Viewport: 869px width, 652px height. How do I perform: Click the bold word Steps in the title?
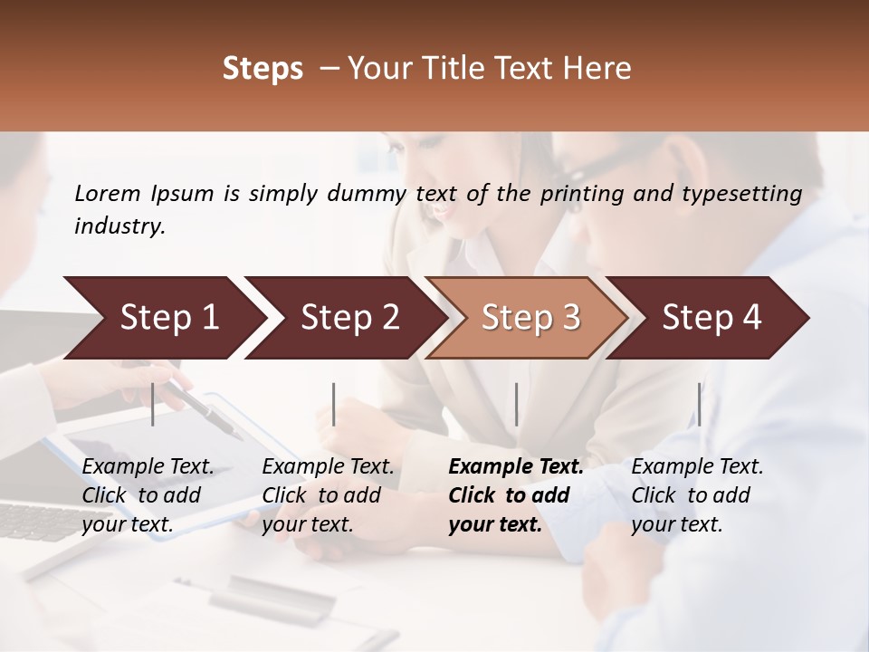click(263, 69)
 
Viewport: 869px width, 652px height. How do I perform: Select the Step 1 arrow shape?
click(168, 318)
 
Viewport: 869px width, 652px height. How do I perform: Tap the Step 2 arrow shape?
click(349, 318)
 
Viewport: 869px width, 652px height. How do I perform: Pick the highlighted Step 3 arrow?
click(530, 318)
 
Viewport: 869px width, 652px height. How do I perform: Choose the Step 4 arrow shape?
click(711, 318)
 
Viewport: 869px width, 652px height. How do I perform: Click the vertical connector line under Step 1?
click(153, 404)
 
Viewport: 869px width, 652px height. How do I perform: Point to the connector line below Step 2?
click(334, 404)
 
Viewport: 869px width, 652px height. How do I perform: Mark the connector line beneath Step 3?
click(516, 404)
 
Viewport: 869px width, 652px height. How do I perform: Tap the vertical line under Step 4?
click(699, 404)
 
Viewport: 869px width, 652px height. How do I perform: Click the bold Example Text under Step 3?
click(516, 467)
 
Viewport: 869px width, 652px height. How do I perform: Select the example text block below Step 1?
click(148, 495)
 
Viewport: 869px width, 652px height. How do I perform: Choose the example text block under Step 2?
click(328, 495)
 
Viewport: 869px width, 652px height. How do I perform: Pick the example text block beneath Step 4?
click(697, 495)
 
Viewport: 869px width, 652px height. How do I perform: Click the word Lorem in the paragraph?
click(107, 193)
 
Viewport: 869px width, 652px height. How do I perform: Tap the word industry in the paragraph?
click(119, 226)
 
